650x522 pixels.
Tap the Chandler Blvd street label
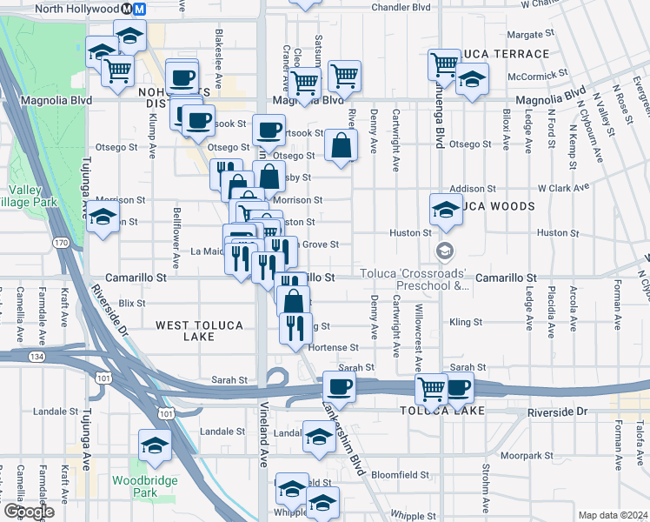(x=402, y=7)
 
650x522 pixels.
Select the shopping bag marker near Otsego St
(x=341, y=146)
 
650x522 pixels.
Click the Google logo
(x=29, y=512)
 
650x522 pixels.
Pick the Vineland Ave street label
(x=262, y=445)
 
